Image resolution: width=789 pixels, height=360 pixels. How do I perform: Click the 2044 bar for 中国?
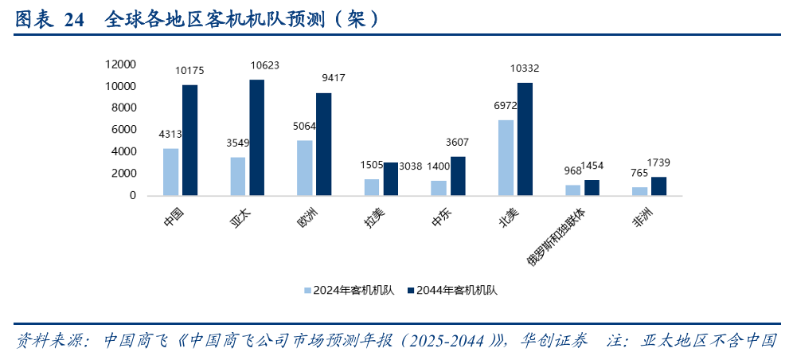[x=189, y=140]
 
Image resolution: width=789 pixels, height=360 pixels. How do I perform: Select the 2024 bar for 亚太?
[x=238, y=176]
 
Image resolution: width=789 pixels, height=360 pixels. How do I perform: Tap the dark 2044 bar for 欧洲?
[x=323, y=144]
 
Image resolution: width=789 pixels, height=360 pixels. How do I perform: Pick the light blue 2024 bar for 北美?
[x=506, y=158]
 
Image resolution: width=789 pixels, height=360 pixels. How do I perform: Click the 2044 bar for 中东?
[x=457, y=176]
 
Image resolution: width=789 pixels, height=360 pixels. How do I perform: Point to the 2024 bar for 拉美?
[x=372, y=187]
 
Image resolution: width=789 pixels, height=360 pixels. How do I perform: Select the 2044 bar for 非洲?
[x=658, y=186]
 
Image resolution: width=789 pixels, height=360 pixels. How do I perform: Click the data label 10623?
[x=264, y=65]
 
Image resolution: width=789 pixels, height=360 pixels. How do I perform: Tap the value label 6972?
[x=506, y=105]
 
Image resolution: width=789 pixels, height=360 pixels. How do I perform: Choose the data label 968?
[x=573, y=170]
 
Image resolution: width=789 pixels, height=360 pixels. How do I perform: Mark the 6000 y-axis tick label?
[x=124, y=129]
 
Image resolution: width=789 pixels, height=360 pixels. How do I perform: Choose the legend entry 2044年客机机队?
[x=451, y=290]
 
